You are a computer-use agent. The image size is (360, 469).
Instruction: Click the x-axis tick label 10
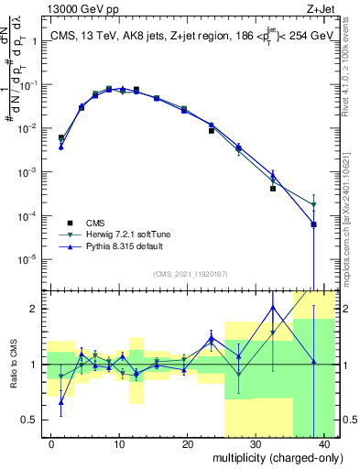click(x=119, y=443)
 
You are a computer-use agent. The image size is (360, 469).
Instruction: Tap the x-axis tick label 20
click(x=187, y=443)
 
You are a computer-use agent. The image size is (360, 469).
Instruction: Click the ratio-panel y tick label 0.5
click(x=31, y=420)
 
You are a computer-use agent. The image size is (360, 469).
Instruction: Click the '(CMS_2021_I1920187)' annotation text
click(x=190, y=274)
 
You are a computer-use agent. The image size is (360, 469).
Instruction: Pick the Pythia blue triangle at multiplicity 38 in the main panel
click(x=313, y=224)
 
